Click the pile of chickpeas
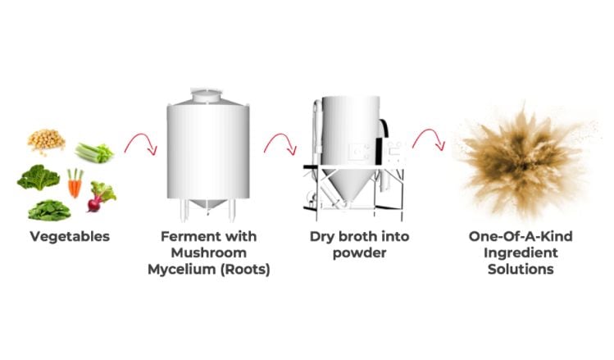pos(46,140)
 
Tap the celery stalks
pos(94,153)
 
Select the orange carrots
pos(75,183)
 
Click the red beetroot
pos(101,196)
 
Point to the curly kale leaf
pos(39,177)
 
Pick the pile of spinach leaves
pos(49,211)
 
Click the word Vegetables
pos(70,237)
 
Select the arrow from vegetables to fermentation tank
pos(141,140)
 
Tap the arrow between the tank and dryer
pos(280,140)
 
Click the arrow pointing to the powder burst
pos(429,136)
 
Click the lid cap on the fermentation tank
pos(206,95)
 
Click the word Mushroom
pos(209,253)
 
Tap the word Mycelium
pos(181,270)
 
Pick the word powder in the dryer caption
pos(360,253)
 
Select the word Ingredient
pos(521,253)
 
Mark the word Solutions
pos(521,270)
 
